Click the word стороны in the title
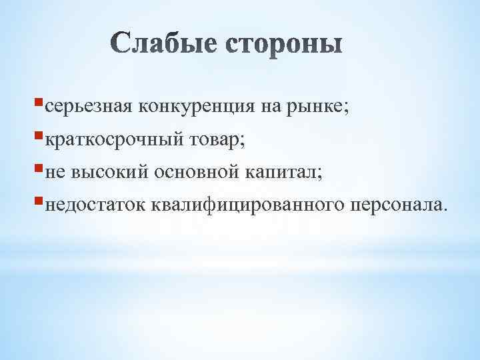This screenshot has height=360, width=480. pyautogui.click(x=285, y=45)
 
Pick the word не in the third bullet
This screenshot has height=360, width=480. pyautogui.click(x=57, y=173)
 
